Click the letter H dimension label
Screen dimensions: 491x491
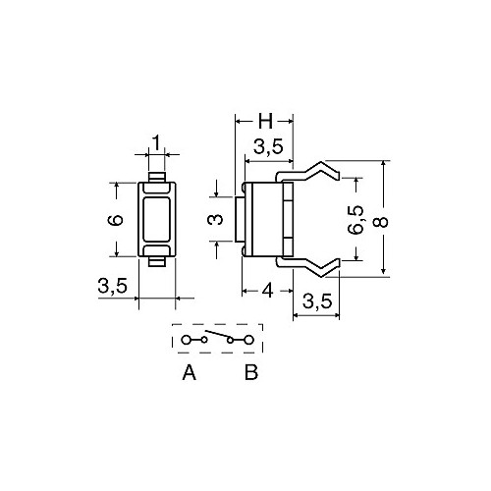tap(265, 121)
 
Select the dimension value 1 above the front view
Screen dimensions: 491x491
tap(157, 142)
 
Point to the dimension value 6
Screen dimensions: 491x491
tap(116, 220)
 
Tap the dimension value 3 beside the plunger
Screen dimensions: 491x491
tap(215, 219)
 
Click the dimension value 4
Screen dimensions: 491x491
tap(268, 291)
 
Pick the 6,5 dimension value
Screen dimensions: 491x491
tap(355, 220)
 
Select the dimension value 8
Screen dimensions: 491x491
tap(381, 222)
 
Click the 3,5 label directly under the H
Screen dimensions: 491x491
tap(268, 147)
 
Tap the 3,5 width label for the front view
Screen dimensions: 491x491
tap(112, 286)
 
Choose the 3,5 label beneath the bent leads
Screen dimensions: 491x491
tap(317, 300)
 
